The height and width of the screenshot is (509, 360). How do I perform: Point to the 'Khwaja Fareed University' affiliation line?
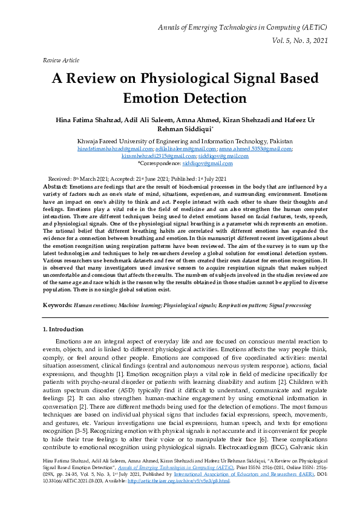[x=180, y=140]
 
